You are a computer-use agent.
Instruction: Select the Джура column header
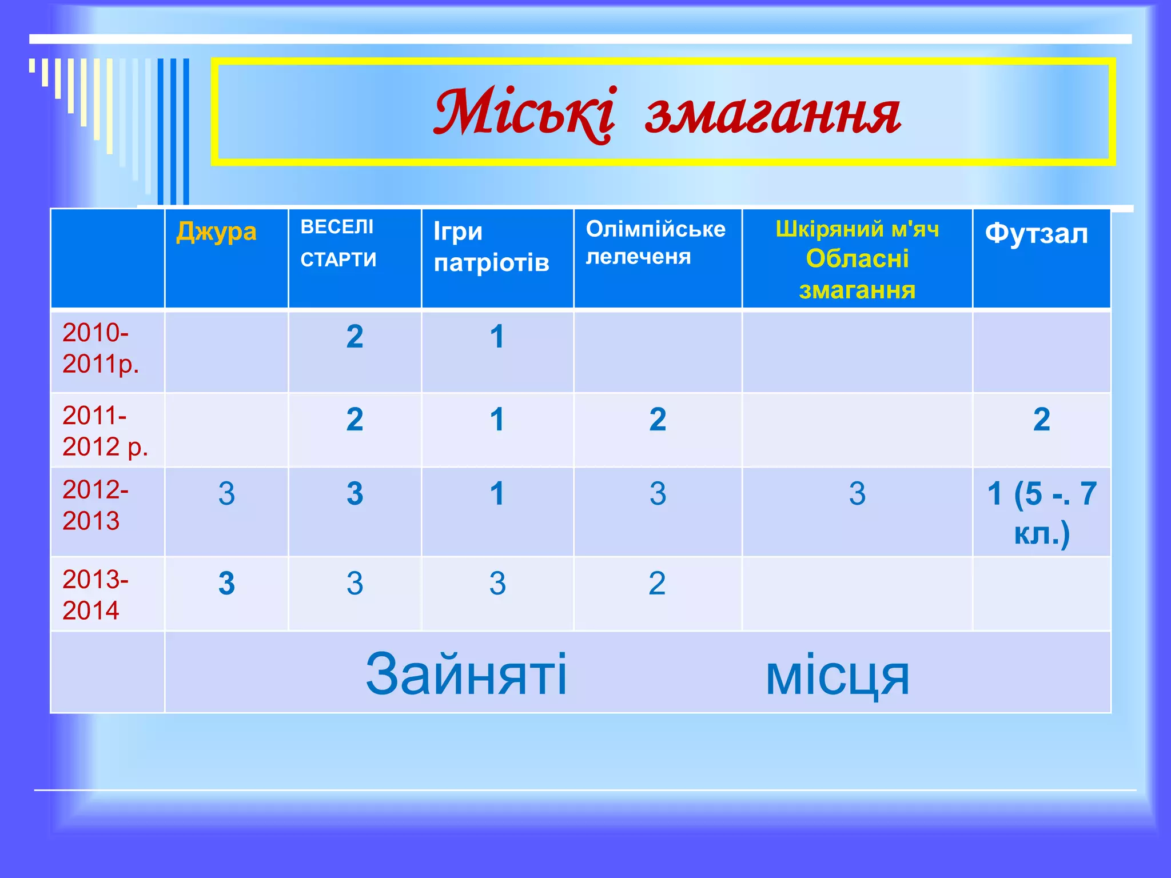[216, 232]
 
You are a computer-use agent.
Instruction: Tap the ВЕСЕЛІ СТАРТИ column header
[338, 243]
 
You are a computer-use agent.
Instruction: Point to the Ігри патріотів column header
[491, 247]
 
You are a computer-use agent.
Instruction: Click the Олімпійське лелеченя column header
[655, 243]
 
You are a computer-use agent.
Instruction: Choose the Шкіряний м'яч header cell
[857, 229]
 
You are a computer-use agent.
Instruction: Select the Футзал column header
[1036, 234]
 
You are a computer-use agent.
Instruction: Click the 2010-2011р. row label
[101, 348]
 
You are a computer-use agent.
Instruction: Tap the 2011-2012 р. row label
[105, 431]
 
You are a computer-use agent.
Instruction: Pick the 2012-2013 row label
[95, 505]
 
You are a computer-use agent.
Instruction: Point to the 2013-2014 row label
[95, 595]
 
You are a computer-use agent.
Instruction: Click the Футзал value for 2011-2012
[1041, 420]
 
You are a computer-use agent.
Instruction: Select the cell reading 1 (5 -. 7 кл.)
[1041, 513]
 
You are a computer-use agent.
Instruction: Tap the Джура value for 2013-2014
[226, 584]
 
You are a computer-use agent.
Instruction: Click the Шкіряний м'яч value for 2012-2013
[857, 493]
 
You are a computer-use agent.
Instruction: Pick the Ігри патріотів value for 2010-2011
[497, 337]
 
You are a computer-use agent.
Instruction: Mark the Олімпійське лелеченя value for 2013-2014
[657, 584]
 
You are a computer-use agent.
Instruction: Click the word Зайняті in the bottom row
[466, 674]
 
